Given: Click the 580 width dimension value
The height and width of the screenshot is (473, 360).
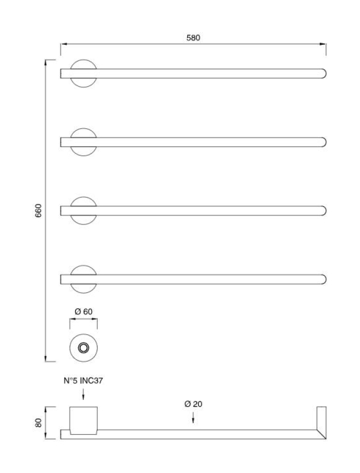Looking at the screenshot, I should pos(193,38).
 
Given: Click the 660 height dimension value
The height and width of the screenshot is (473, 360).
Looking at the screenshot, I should pos(38,210).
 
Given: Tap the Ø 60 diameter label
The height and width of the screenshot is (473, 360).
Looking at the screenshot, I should pos(84,312).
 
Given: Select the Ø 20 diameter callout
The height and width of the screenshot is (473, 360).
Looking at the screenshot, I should pos(193,404).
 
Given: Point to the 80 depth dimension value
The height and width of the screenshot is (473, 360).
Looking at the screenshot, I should pos(38,423).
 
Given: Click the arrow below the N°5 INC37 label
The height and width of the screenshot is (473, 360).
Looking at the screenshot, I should pos(84,395).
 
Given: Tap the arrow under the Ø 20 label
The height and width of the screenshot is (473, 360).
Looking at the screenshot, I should pos(193,419).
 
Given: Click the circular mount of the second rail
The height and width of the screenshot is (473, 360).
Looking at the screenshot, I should pos(84,142).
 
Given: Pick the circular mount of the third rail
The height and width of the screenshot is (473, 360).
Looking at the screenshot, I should pos(84,211).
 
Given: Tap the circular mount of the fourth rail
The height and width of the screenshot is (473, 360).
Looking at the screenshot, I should pos(84,279).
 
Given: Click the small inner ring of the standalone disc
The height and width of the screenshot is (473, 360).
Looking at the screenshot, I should pos(84,347).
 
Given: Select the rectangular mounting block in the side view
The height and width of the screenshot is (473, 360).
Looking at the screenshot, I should pos(84,420).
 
